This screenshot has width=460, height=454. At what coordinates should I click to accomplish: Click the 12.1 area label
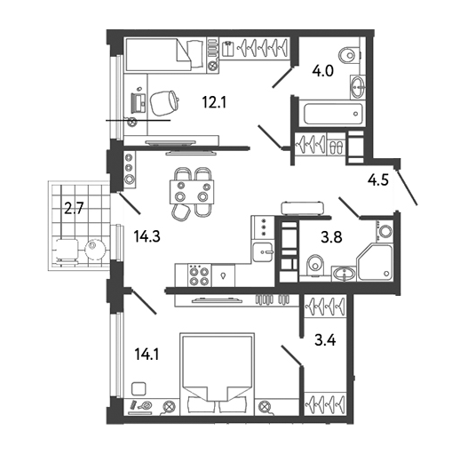click(214, 103)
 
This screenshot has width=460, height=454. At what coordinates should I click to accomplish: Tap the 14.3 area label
click(147, 236)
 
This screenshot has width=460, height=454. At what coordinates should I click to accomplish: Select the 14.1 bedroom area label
click(147, 354)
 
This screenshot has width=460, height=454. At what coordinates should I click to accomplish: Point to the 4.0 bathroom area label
click(323, 71)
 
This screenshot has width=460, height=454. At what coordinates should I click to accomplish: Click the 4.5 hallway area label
click(378, 179)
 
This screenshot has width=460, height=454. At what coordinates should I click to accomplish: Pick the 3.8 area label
click(331, 237)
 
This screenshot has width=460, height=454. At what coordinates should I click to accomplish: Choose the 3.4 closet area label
click(325, 340)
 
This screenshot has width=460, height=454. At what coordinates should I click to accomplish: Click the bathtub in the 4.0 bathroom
click(333, 114)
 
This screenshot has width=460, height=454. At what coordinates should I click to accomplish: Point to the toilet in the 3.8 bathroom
click(315, 265)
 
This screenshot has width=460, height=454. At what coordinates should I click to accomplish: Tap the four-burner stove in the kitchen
click(199, 275)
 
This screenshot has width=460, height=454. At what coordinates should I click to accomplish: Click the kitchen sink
click(262, 252)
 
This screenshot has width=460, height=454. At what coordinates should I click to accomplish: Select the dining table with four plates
click(192, 192)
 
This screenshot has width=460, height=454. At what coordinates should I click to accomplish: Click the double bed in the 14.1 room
click(217, 372)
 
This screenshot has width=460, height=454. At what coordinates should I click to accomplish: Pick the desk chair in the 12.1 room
click(164, 103)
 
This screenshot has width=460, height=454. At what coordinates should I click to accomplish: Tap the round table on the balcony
click(95, 250)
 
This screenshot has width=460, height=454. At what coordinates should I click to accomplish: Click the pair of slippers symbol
click(337, 147)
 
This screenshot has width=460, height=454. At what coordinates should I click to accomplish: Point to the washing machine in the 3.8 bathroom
click(385, 230)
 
